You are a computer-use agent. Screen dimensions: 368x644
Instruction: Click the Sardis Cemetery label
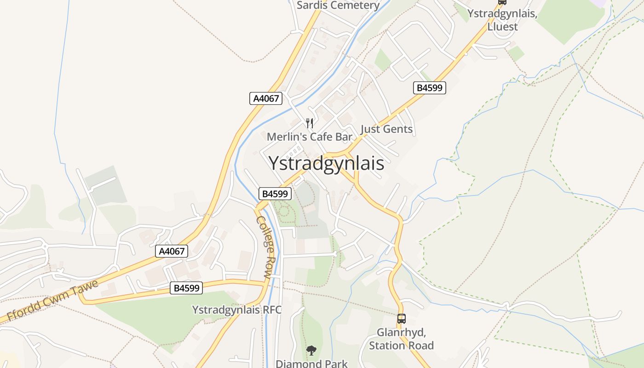tap(338, 6)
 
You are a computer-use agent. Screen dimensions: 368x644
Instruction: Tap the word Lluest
tap(502, 27)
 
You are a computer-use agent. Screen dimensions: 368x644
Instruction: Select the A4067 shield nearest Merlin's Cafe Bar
tap(266, 98)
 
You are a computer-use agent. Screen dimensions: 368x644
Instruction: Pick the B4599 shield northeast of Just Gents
tap(430, 88)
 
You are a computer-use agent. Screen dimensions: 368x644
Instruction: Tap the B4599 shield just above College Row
tap(275, 194)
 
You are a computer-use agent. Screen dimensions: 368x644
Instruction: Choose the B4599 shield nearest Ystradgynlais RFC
tap(186, 288)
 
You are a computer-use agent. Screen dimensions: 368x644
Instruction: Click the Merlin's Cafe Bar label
tap(310, 137)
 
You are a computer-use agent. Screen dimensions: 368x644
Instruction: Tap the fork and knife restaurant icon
tap(310, 123)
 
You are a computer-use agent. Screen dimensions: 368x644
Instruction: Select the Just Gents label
tap(386, 129)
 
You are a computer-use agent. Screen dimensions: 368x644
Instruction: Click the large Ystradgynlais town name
tap(326, 163)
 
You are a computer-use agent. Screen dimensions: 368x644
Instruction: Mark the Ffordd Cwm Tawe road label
tap(53, 300)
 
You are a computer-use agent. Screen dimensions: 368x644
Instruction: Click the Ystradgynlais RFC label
tap(236, 310)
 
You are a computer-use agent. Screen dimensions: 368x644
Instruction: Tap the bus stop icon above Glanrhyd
tap(401, 318)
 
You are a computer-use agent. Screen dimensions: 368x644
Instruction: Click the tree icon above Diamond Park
tap(311, 351)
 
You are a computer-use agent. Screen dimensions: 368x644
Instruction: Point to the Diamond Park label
tap(311, 363)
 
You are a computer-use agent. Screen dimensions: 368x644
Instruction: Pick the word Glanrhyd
tap(401, 332)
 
